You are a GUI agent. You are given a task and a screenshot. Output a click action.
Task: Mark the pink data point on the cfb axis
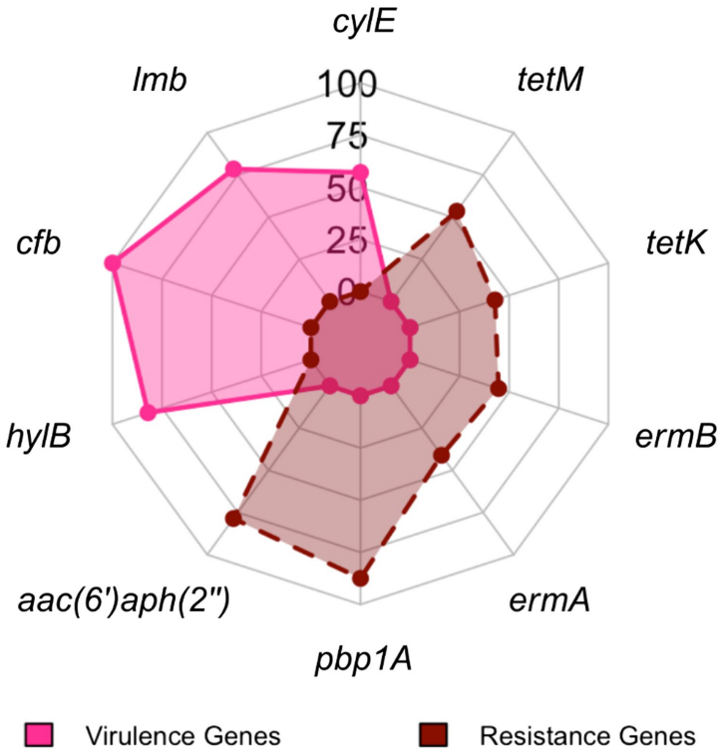coord(112,263)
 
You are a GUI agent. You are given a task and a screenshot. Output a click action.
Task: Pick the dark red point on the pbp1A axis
coord(361,576)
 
